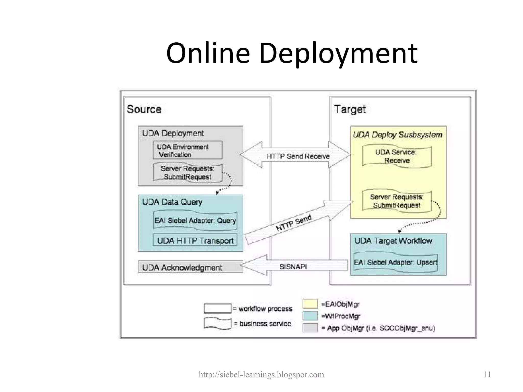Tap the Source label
[x=144, y=109]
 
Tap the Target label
[x=350, y=109]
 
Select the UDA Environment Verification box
[x=187, y=150]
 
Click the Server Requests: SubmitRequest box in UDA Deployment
[x=187, y=173]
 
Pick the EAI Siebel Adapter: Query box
[x=195, y=220]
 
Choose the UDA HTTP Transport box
[x=195, y=240]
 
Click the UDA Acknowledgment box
[x=190, y=267]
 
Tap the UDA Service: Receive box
[x=397, y=156]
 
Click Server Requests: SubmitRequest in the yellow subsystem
[x=397, y=201]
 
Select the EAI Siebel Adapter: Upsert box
[x=396, y=262]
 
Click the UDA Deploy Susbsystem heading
[x=397, y=135]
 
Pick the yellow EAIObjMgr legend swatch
[x=310, y=304]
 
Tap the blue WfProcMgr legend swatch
[x=310, y=316]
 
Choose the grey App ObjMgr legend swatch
[x=310, y=328]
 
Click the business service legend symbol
[x=217, y=323]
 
